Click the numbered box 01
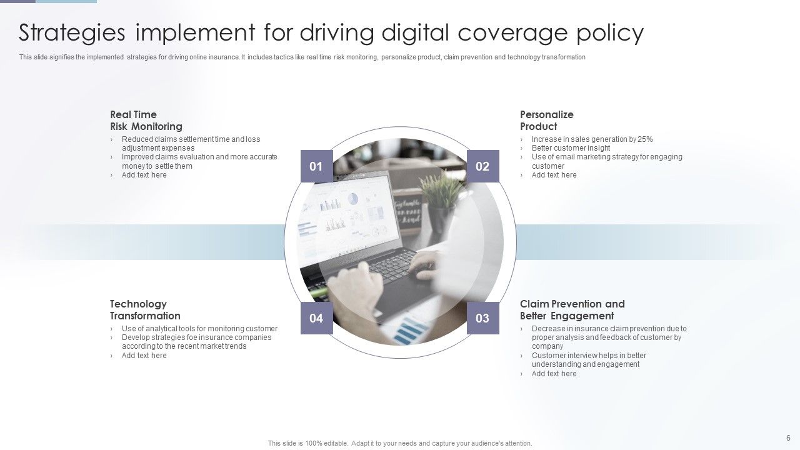click(x=316, y=166)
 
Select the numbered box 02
click(x=482, y=166)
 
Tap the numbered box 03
click(x=482, y=318)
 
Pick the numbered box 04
click(x=316, y=318)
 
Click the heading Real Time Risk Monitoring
click(x=146, y=121)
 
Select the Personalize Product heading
click(x=546, y=121)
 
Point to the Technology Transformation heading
click(x=145, y=310)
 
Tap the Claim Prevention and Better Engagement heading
click(x=572, y=310)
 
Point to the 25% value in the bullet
click(x=645, y=139)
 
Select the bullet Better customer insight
click(x=571, y=148)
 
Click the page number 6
click(x=788, y=438)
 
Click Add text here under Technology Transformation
click(x=144, y=356)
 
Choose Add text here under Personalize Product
click(x=554, y=175)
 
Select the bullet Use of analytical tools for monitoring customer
click(x=199, y=329)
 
